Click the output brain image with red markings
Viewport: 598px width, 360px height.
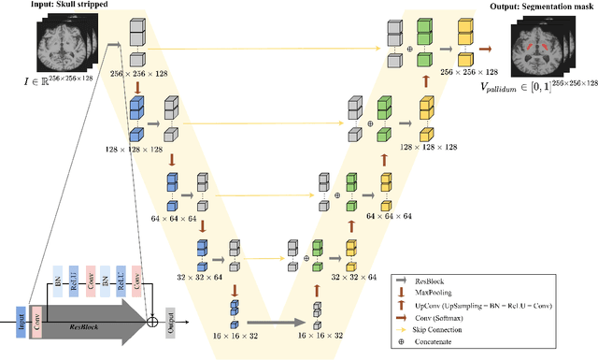click(x=543, y=50)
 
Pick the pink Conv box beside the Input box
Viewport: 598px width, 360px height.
click(x=36, y=319)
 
